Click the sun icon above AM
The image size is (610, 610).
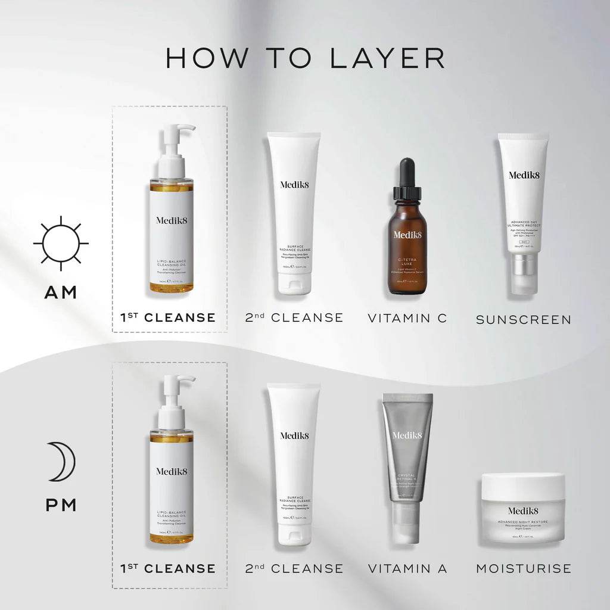coord(61,243)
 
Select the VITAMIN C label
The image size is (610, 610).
coord(407,318)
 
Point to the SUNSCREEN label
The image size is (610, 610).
coord(523,319)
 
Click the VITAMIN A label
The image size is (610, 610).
coord(407,568)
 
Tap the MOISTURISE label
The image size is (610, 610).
coord(523,568)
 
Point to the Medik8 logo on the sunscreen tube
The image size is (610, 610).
coord(522,175)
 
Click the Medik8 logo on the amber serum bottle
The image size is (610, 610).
coord(407,234)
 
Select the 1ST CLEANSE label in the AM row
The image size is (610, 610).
coord(168,318)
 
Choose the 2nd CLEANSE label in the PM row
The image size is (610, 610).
coord(294,568)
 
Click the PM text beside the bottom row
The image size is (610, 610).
coord(60,505)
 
